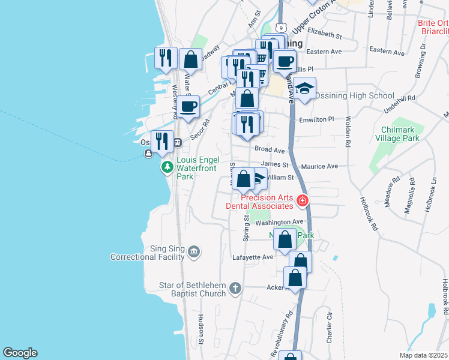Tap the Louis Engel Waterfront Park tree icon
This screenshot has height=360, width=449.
(x=167, y=166)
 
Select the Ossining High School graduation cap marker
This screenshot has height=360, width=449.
(x=305, y=88)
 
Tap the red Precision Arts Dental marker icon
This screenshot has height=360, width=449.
(x=303, y=200)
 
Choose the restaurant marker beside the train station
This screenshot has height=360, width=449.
(x=162, y=140)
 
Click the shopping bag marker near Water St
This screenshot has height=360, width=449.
(x=190, y=59)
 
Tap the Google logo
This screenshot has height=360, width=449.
(x=20, y=353)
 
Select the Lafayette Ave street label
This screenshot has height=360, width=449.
(x=253, y=257)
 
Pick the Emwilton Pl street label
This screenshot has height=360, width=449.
(x=316, y=120)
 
